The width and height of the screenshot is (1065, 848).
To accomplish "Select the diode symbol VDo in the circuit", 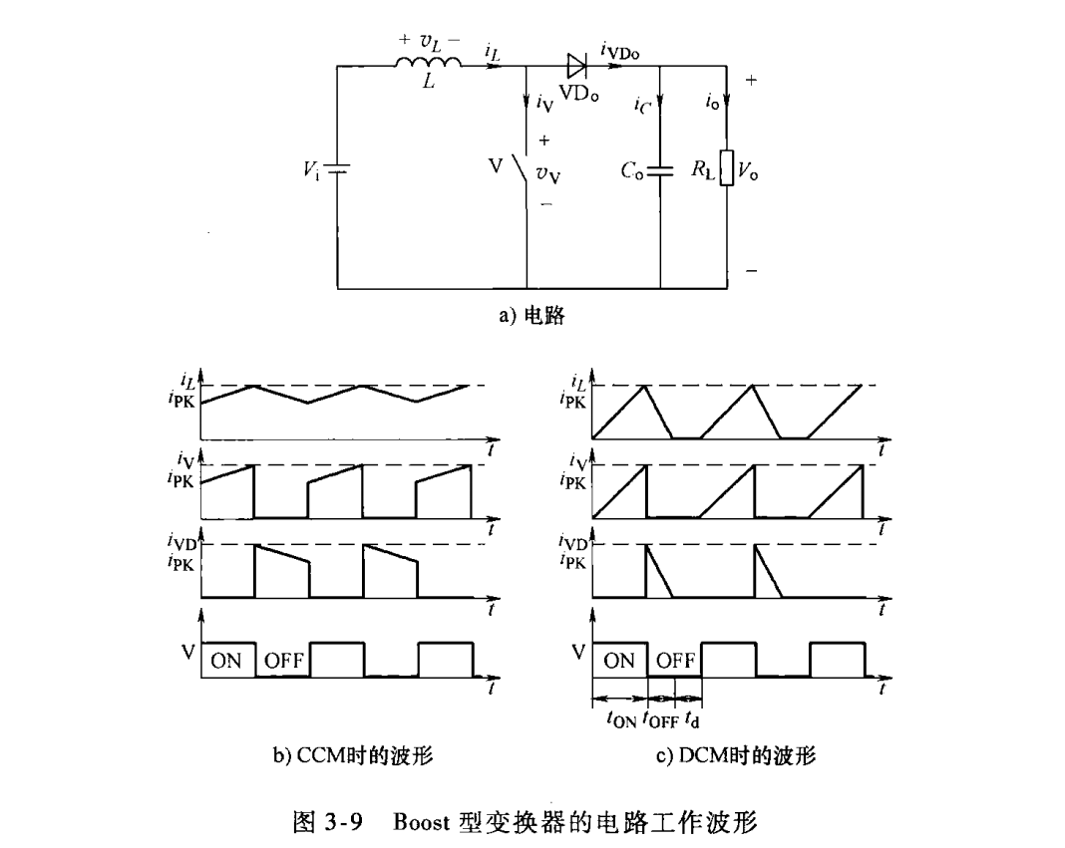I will (576, 66).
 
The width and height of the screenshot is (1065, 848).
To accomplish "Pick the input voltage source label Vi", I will (313, 170).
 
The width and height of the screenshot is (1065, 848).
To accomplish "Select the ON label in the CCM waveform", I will (226, 660).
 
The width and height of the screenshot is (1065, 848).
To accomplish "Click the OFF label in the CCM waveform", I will (284, 660).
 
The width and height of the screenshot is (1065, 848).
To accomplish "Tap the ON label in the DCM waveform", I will (619, 660).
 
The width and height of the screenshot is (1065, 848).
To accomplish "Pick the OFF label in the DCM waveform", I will (676, 660).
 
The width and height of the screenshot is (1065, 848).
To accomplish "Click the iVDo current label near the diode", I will (619, 48).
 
